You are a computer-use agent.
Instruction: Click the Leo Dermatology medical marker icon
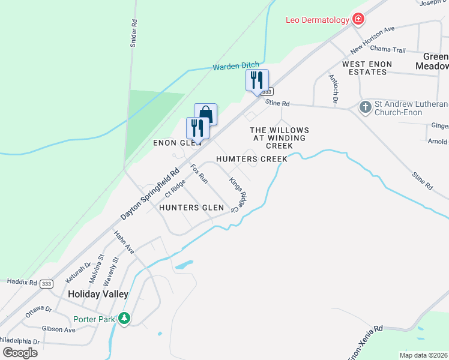click(x=358, y=20)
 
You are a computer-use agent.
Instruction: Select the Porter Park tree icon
click(x=124, y=319)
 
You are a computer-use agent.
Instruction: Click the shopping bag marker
click(x=205, y=113)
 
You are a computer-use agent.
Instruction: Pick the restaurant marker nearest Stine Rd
click(x=257, y=80)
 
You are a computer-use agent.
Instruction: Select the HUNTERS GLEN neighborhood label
click(x=191, y=208)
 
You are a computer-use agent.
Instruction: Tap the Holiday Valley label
click(x=98, y=294)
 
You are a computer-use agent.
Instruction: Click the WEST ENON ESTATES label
click(x=367, y=68)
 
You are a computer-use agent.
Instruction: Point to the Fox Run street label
click(x=199, y=173)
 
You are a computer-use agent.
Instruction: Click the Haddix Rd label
click(x=22, y=281)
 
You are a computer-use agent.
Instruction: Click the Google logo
click(x=19, y=352)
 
